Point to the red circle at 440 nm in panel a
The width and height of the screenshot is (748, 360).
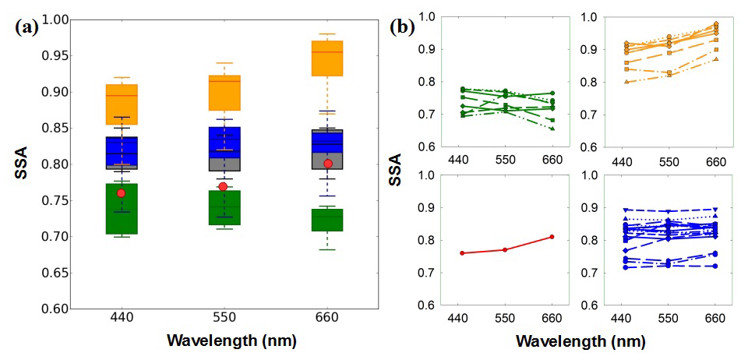point(121,192)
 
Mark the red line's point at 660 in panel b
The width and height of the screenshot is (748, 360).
point(552,237)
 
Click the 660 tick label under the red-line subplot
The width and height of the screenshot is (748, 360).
point(552,318)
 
